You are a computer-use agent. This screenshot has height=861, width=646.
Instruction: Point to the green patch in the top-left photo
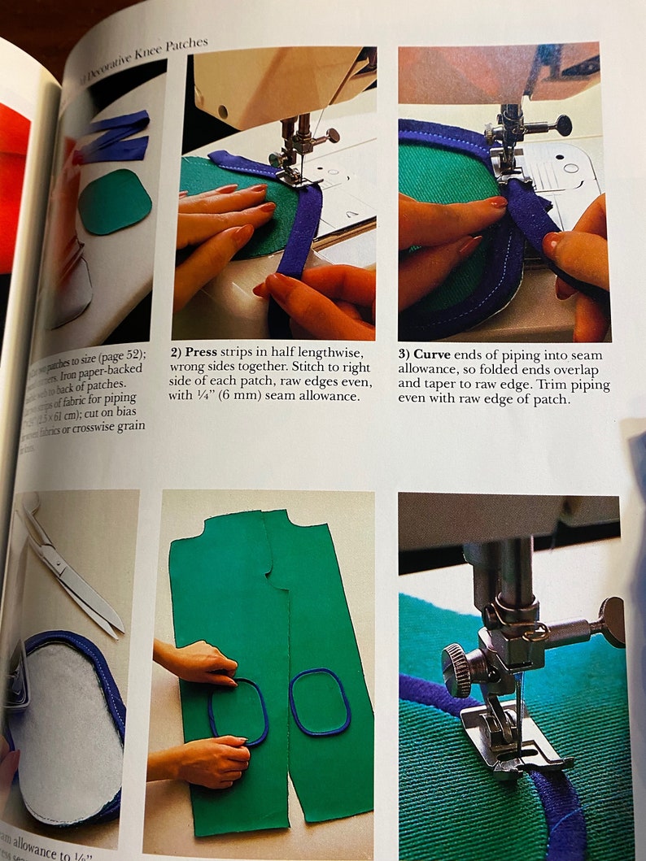coord(116,202)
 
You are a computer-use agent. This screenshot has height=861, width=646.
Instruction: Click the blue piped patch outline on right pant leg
coord(319,701)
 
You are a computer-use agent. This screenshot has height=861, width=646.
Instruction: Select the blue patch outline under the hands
coord(238,711)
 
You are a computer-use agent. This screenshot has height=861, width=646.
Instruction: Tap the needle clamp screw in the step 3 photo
coord(561,125)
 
